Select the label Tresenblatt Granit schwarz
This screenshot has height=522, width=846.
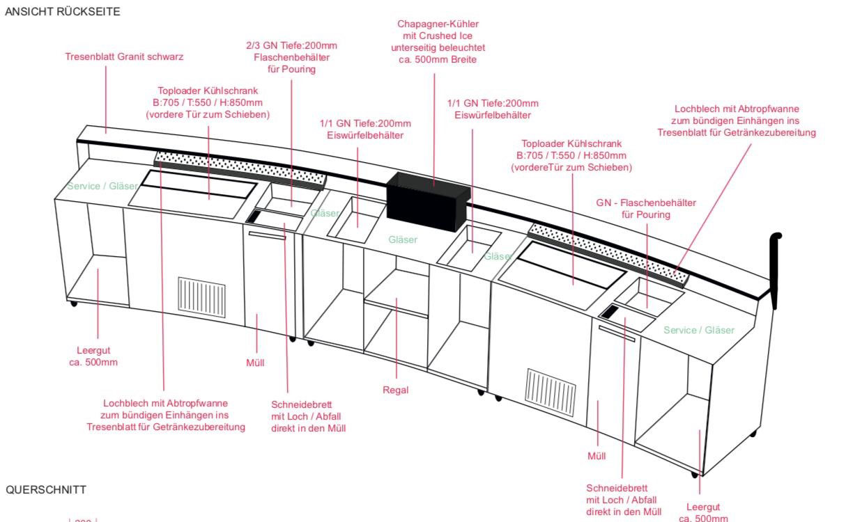click(125, 56)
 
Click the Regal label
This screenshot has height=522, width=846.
click(395, 390)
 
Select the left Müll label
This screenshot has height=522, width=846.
click(255, 363)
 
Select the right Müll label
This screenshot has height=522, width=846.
click(597, 456)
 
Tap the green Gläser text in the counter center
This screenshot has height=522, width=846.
click(403, 239)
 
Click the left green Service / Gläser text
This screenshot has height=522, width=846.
click(102, 186)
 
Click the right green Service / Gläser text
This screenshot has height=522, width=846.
click(698, 330)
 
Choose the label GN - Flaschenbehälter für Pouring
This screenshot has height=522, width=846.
click(645, 209)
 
